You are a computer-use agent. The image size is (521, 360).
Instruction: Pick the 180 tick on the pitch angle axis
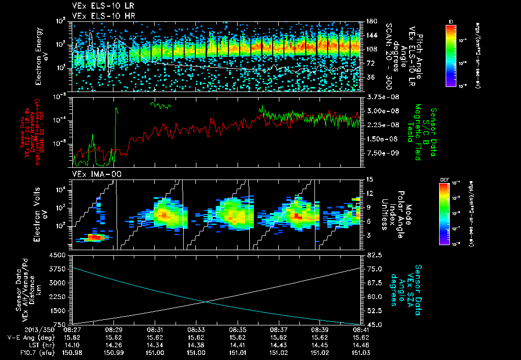point(369,21)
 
